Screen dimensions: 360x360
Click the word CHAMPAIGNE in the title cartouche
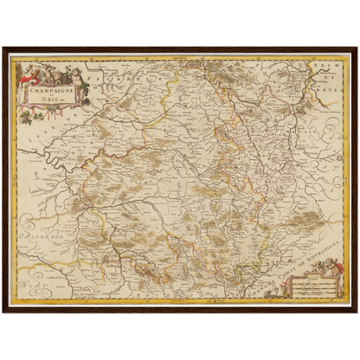[45, 87]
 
